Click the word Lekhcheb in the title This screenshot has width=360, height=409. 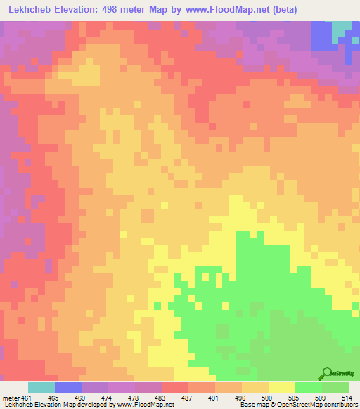pos(30,9)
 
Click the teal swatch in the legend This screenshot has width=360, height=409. pos(41,387)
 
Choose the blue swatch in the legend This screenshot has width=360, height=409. pos(68,387)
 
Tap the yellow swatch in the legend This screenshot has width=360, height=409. pos(282,387)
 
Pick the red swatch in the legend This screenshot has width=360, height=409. pos(175,387)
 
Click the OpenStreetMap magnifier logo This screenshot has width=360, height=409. pos(326,372)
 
